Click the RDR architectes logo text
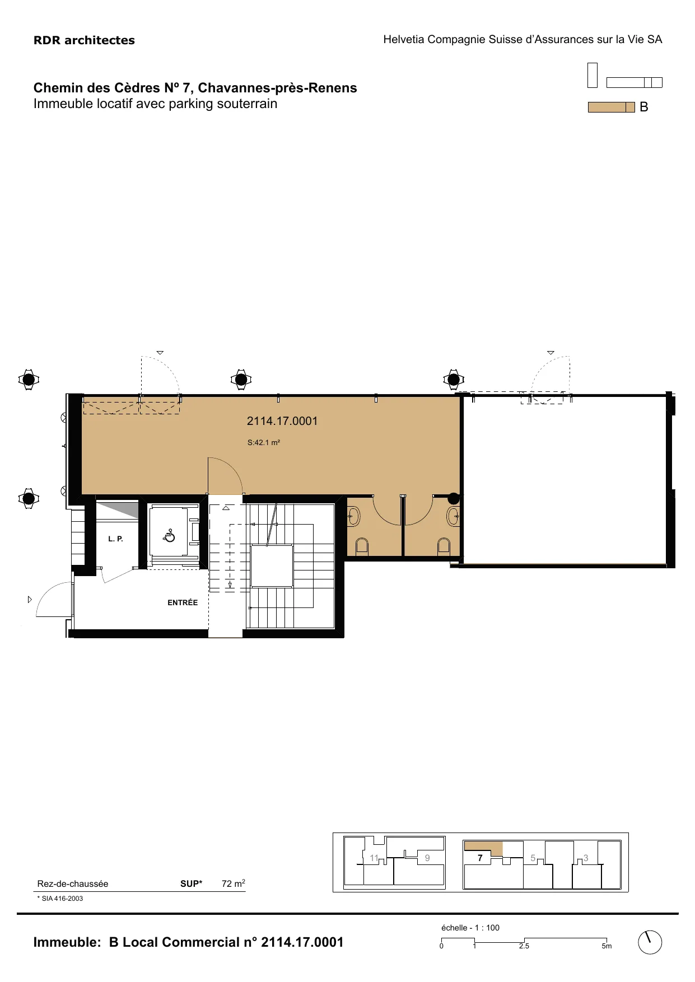point(84,40)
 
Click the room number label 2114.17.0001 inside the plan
point(282,421)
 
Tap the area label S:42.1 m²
point(264,442)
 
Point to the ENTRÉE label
point(183,602)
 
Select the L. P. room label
point(115,539)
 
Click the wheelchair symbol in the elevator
point(169,536)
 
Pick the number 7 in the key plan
point(480,858)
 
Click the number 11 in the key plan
point(374,858)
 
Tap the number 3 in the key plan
point(586,858)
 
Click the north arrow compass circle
point(650,942)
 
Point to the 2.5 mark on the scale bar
point(524,946)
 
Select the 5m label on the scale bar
point(607,946)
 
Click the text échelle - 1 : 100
point(470,928)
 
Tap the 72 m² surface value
point(234,883)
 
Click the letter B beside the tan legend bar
point(644,107)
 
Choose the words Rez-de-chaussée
point(73,884)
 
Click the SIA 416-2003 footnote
point(60,899)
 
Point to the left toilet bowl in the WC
point(362,545)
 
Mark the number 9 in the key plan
point(427,858)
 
